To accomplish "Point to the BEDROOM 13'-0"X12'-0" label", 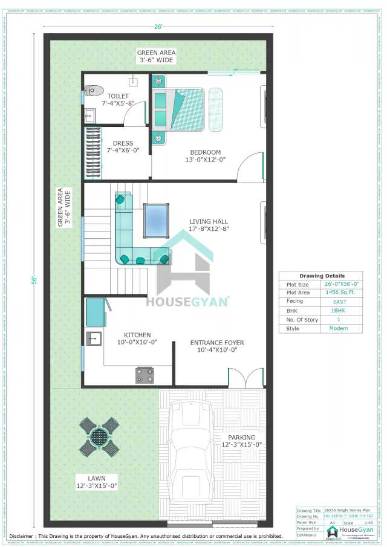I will click(205, 156).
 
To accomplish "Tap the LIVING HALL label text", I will click(209, 225).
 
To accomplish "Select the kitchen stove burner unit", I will click(145, 375).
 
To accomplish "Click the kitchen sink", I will click(93, 339).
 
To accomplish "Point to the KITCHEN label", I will click(137, 338).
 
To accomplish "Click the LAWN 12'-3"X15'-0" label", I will click(97, 481).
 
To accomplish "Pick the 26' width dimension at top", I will click(158, 26).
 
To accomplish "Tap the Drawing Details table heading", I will click(321, 276).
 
